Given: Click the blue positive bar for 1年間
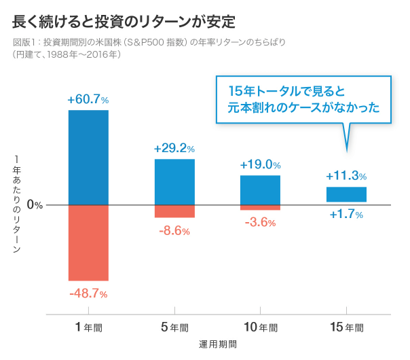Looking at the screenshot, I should [x=88, y=157].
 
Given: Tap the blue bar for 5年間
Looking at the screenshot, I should [x=174, y=181].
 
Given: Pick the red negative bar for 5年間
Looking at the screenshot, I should [x=174, y=211].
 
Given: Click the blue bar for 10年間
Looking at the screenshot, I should [x=261, y=190].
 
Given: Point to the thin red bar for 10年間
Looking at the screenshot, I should [x=261, y=207].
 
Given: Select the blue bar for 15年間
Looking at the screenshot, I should [x=346, y=194].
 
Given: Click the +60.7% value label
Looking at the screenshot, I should [x=88, y=99].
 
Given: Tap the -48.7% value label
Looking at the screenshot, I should [x=88, y=293].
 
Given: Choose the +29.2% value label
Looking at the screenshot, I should [x=174, y=148].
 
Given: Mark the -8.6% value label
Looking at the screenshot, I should [x=174, y=230].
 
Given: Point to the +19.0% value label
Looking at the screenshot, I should [x=261, y=164].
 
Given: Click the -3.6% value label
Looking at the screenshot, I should [x=261, y=222].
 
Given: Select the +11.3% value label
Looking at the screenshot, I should [x=346, y=176].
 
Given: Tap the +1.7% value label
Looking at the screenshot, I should [x=346, y=215].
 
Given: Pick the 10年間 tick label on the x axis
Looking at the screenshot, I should [x=261, y=327].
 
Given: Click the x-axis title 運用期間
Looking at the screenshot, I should [x=217, y=344].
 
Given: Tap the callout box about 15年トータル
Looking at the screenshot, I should [x=303, y=99].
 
